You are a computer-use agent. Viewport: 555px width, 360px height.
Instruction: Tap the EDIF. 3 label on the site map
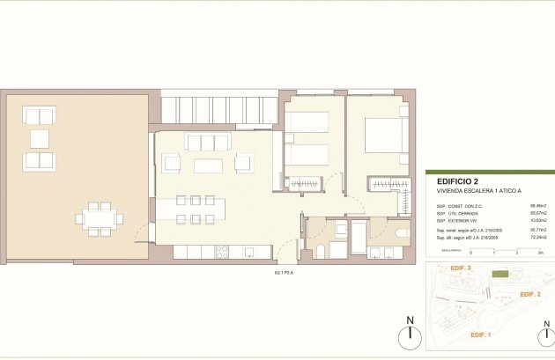459,268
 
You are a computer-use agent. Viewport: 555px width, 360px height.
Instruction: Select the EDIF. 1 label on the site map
480,335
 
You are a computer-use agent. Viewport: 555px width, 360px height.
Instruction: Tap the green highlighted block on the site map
501,276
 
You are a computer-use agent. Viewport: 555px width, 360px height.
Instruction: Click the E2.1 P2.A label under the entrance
284,272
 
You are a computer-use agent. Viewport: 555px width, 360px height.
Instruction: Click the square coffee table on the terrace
40,138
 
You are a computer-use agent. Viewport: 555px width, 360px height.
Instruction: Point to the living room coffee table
208,165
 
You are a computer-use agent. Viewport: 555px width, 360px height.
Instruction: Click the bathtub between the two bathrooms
359,238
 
